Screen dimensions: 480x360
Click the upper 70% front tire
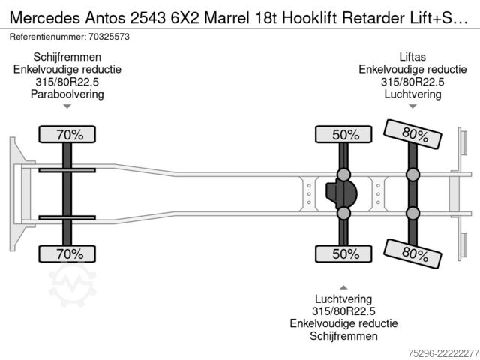click(x=67, y=134)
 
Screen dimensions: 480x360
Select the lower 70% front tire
click(x=67, y=253)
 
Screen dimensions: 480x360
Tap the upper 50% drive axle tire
click(x=343, y=134)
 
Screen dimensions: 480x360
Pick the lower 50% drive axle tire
click(x=343, y=253)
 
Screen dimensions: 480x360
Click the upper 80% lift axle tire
click(x=412, y=134)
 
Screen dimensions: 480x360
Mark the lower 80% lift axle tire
click(x=412, y=253)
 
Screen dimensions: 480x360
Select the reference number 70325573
click(x=109, y=37)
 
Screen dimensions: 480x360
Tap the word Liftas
click(x=412, y=57)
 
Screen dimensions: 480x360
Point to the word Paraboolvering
click(x=67, y=94)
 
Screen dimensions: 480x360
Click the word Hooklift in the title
click(x=310, y=18)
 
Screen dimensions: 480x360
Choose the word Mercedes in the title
click(x=45, y=18)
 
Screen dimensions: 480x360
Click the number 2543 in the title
click(x=148, y=18)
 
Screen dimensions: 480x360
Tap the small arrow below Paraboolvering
click(x=67, y=106)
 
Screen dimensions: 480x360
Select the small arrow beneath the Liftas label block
click(x=412, y=106)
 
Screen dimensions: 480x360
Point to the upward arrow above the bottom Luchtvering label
click(x=343, y=287)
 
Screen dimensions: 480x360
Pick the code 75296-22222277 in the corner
click(x=443, y=353)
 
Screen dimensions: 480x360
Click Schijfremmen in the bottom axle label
click(x=343, y=336)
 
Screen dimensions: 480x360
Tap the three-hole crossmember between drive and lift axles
click(x=378, y=194)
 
